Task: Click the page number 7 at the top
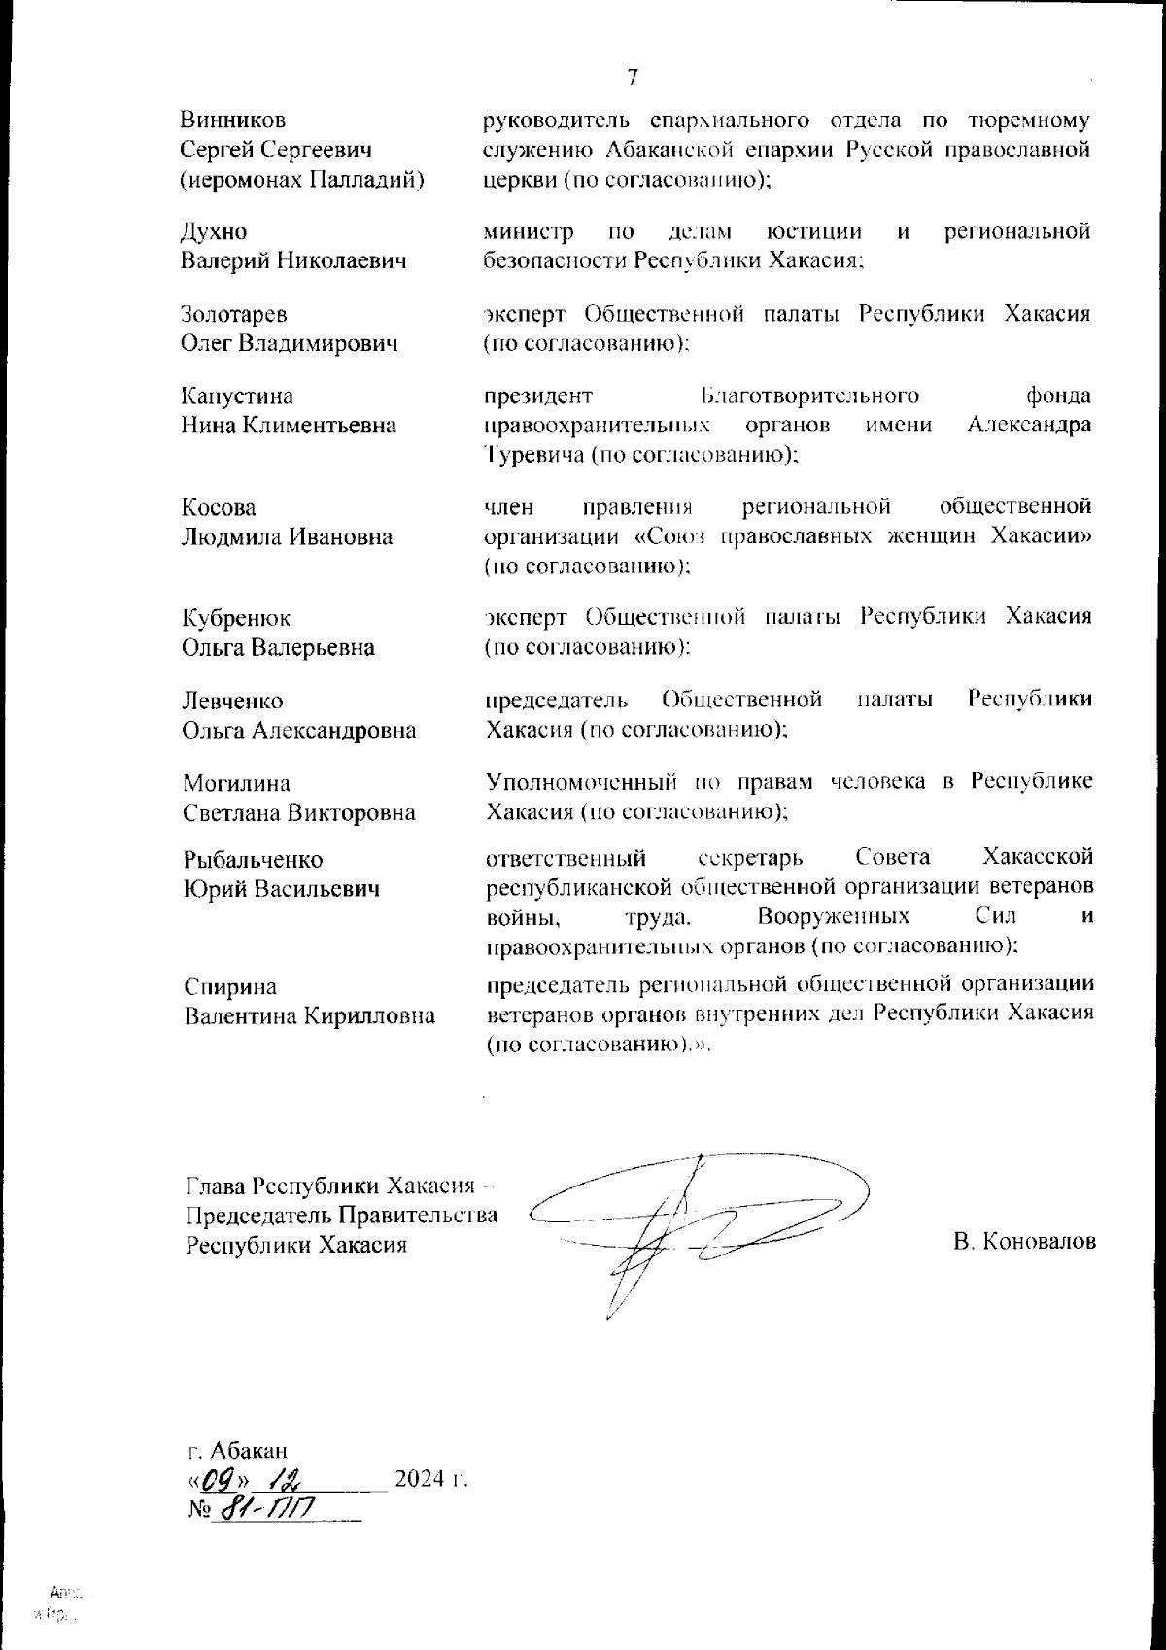click(632, 78)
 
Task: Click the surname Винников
click(233, 120)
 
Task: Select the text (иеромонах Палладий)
click(303, 179)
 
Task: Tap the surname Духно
click(214, 232)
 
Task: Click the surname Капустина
click(237, 396)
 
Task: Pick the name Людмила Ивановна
click(288, 536)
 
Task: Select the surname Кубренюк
click(236, 619)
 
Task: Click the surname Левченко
click(233, 701)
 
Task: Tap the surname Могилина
click(236, 783)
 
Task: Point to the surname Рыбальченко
click(254, 860)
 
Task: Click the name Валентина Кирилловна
click(309, 1016)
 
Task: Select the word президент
click(537, 396)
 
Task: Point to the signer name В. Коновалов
click(1025, 1242)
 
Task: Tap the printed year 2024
click(421, 1480)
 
